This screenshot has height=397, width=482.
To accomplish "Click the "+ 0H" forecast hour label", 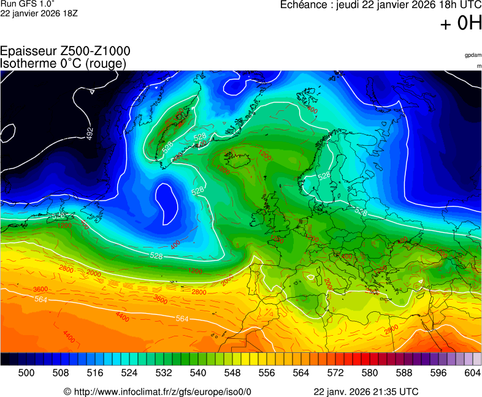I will point(461,24).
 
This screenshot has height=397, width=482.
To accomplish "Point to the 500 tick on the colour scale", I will point(26,372).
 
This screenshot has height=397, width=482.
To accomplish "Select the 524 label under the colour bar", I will point(129,372).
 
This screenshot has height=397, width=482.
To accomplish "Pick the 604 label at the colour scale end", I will point(472,372).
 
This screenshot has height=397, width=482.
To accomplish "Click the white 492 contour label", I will point(90,133).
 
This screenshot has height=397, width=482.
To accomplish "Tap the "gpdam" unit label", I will point(473,55).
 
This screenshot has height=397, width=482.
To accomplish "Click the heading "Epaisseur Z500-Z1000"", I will point(65,51).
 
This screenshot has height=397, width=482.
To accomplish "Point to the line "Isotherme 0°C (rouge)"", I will point(63,63).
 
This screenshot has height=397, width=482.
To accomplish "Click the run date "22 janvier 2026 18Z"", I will point(39,13).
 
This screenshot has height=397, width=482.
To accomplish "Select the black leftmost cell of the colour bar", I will point(5,360).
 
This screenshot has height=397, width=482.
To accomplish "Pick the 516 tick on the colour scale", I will point(95,372).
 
